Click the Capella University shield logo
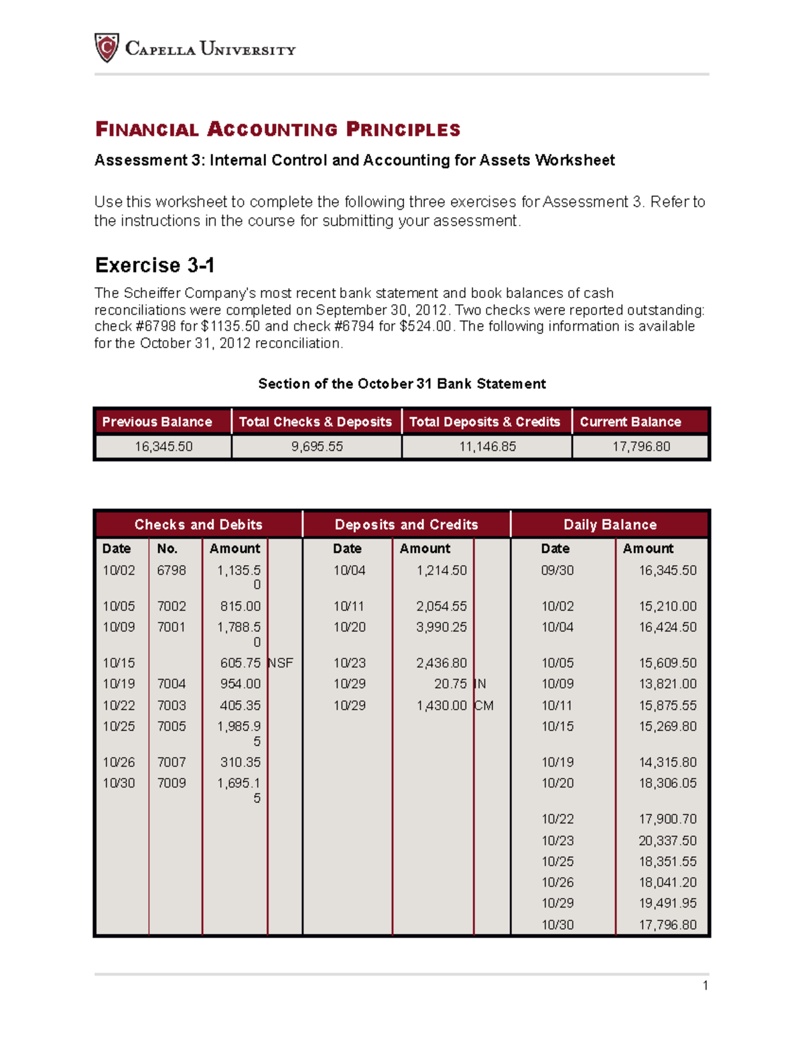click(x=107, y=48)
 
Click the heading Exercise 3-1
click(x=155, y=265)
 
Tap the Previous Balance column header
click(x=157, y=422)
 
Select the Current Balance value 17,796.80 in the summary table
click(x=641, y=447)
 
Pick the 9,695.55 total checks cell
click(x=317, y=447)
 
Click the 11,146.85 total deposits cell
click(x=487, y=447)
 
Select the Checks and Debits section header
click(x=198, y=524)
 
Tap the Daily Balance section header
click(x=610, y=524)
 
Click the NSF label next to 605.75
click(x=281, y=663)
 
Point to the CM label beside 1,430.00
click(x=484, y=705)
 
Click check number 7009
click(x=172, y=783)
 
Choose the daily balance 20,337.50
click(x=667, y=840)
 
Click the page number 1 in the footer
click(x=705, y=985)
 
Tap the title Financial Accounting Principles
click(x=277, y=129)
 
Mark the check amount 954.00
click(x=241, y=684)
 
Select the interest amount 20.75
click(x=450, y=684)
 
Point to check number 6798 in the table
click(x=172, y=571)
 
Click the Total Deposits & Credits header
click(x=484, y=422)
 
